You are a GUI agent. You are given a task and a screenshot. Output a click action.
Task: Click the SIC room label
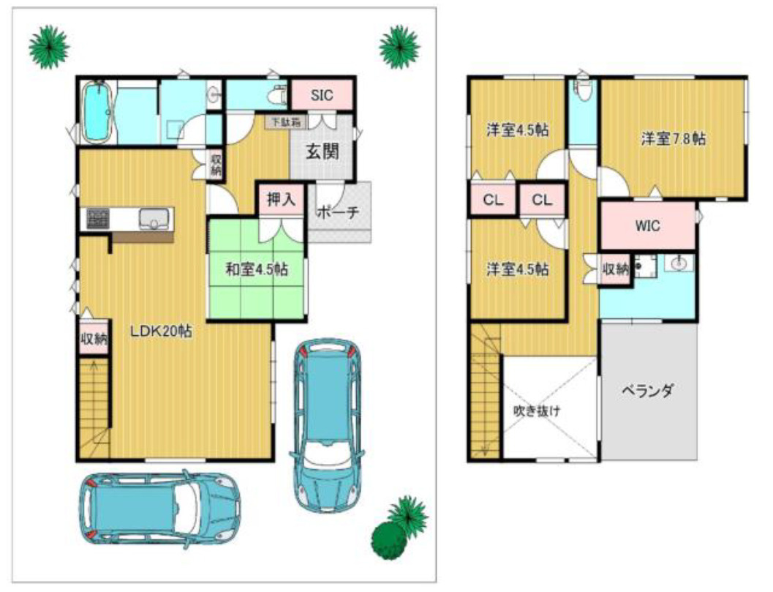[322, 94]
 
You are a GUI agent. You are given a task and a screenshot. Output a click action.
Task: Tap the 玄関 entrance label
[323, 151]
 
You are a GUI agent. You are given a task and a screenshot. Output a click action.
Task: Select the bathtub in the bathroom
[97, 112]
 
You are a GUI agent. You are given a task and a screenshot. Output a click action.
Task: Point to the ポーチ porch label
[338, 212]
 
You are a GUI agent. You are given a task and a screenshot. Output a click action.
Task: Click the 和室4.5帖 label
[257, 269]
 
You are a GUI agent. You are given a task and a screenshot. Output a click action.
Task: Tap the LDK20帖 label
[161, 331]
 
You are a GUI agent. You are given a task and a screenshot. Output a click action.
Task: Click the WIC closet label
[647, 226]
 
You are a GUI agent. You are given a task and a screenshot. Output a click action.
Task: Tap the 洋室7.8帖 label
[674, 138]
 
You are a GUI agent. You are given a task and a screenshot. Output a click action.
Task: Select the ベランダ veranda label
[647, 391]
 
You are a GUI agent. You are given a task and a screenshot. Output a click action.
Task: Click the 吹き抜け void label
[537, 411]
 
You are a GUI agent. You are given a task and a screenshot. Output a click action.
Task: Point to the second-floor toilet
[583, 90]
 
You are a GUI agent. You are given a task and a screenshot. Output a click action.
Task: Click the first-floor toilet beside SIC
[279, 94]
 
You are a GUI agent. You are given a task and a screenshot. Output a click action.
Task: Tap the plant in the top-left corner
[49, 46]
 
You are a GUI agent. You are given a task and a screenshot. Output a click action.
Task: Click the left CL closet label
[493, 200]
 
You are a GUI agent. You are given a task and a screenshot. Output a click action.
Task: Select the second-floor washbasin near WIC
[679, 263]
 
